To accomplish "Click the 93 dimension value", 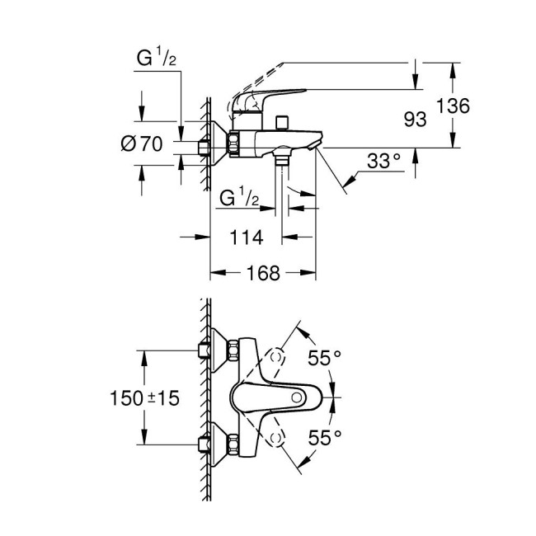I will (415, 120).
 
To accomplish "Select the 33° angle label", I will (383, 161).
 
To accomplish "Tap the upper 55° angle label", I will (324, 358).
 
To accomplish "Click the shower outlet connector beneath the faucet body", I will (284, 157).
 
